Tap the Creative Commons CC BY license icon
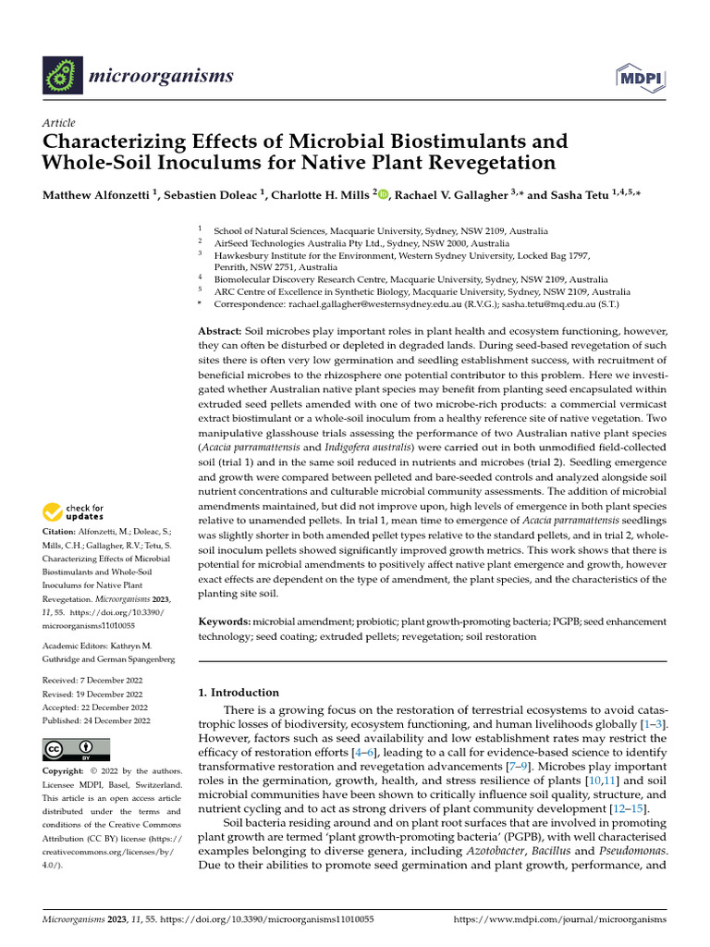76,749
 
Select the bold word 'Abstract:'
220,331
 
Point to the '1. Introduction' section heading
239,693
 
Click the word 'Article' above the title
59,123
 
